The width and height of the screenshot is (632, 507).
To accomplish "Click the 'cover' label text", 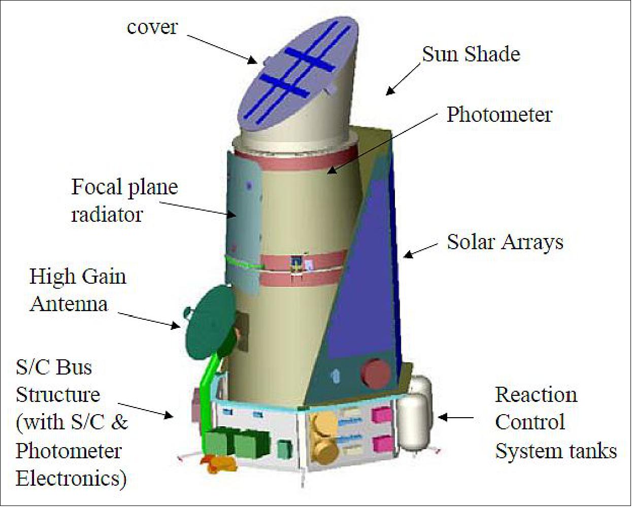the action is pos(152,27).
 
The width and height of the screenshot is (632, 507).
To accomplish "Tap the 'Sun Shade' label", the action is pos(471,54).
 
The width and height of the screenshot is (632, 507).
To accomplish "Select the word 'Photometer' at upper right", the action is pos(500,115).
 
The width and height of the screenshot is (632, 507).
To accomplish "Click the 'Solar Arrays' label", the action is pos(505,242).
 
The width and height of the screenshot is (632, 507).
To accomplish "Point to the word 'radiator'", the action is pos(107,215).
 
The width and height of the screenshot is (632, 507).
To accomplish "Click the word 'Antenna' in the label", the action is pos(69,304).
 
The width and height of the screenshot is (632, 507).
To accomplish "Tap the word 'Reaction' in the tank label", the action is pos(536,395).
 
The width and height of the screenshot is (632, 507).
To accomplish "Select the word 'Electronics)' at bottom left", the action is pos(71,478).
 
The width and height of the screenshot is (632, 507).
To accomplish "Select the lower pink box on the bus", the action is pos(382,444).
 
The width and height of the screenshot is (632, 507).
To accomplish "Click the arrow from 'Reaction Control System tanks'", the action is pos(455,418).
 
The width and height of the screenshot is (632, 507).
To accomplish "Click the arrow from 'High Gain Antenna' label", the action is pos(149,320).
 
